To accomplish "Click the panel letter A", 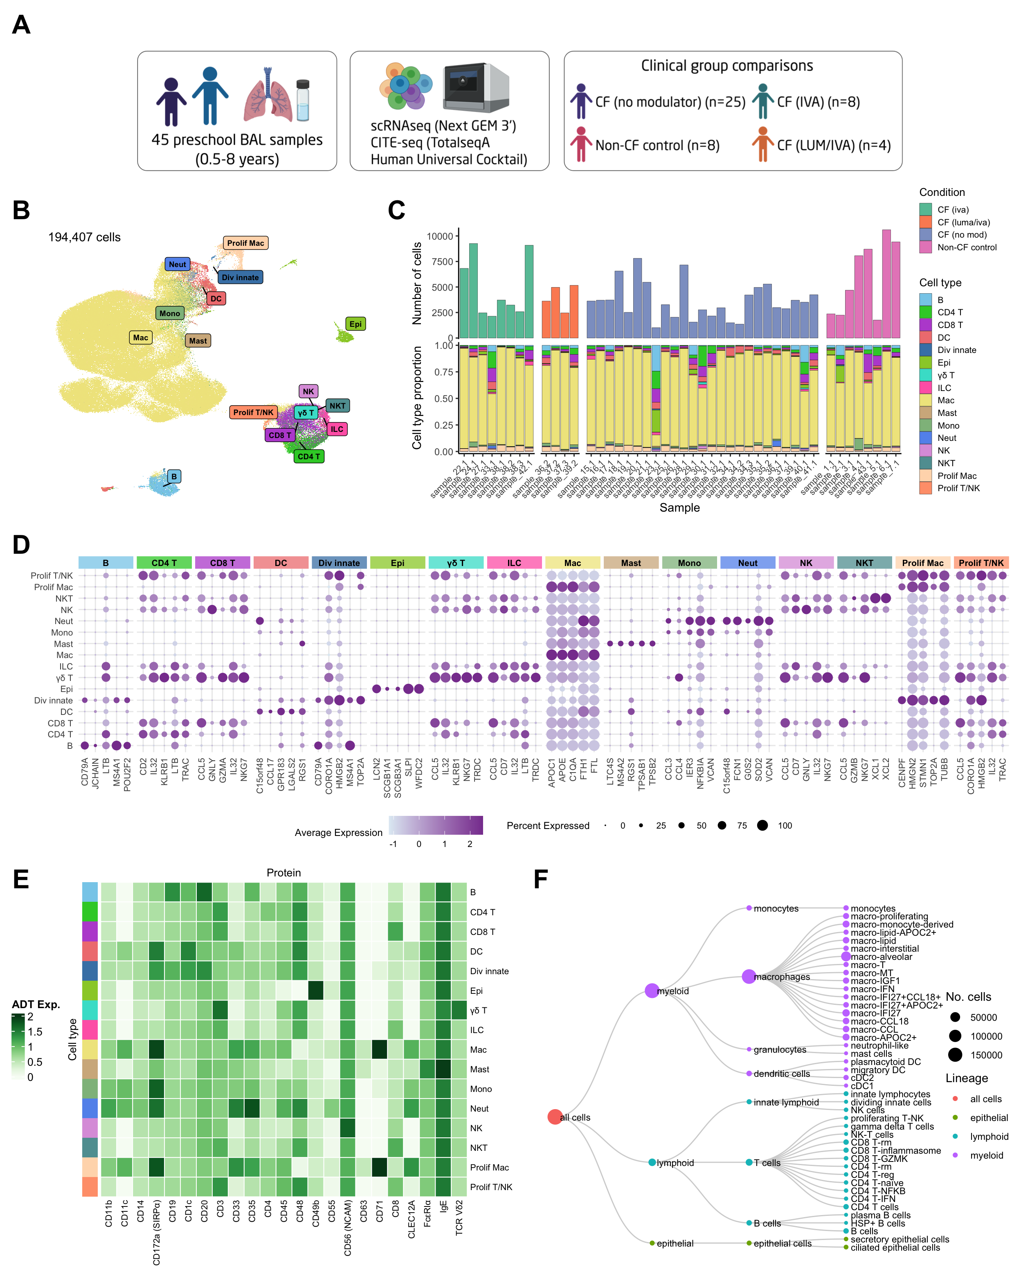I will point(21,25).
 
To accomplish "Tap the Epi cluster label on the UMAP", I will point(355,324).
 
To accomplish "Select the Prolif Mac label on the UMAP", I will point(245,243).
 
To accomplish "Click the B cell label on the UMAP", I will point(173,476).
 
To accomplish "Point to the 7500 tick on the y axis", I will point(440,262).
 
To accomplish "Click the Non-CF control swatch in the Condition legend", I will point(926,247).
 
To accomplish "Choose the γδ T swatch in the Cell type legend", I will point(926,375).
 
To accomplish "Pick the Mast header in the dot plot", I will point(631,563).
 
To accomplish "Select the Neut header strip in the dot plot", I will point(748,563).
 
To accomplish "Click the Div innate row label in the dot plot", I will point(53,701).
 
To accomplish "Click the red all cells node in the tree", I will point(555,1117).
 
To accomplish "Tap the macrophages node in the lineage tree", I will point(749,977).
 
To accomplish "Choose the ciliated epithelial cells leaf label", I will point(895,1248).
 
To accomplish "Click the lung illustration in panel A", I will point(268,95).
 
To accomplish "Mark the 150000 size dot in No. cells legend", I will point(955,1055).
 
